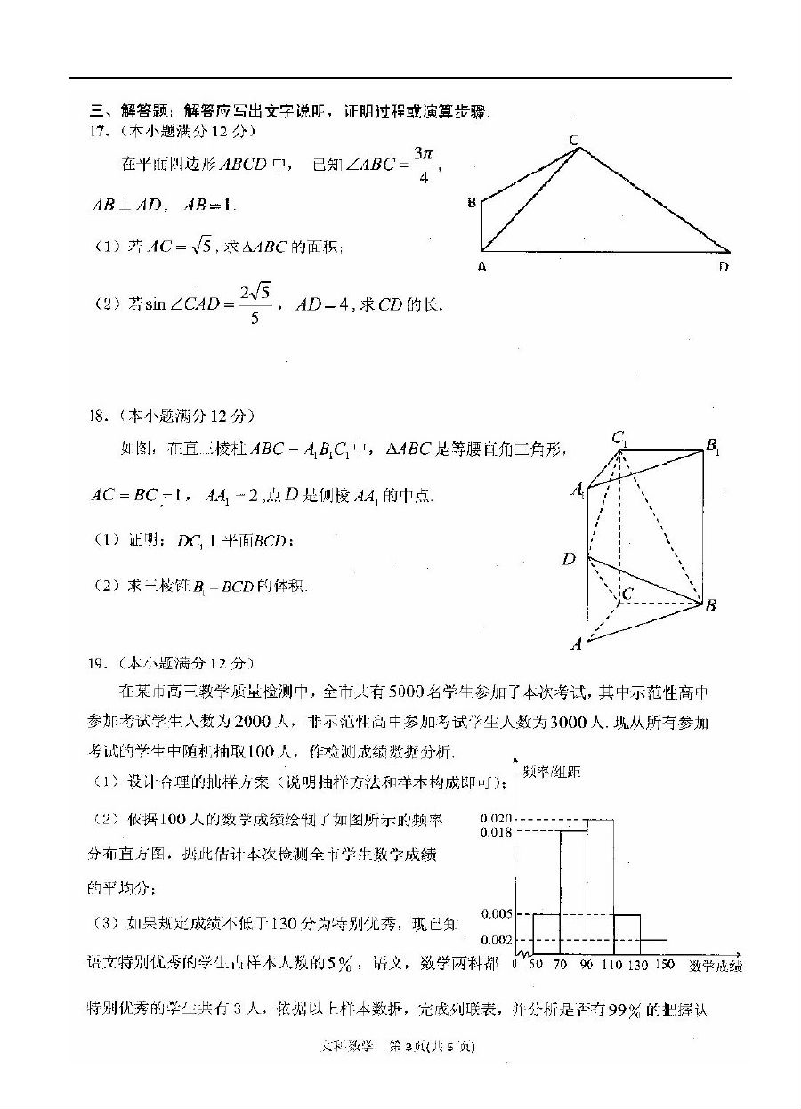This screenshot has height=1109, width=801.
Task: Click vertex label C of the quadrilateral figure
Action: (574, 139)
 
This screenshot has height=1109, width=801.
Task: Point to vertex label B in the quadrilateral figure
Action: (471, 203)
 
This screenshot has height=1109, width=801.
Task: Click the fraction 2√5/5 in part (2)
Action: (254, 304)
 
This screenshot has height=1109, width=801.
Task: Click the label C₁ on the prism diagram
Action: (619, 438)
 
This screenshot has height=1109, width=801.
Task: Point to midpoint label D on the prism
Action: (569, 559)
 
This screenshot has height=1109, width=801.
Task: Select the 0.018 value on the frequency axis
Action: (495, 832)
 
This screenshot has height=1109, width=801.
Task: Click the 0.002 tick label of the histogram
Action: (495, 940)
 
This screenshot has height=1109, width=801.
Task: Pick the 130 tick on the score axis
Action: (639, 965)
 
